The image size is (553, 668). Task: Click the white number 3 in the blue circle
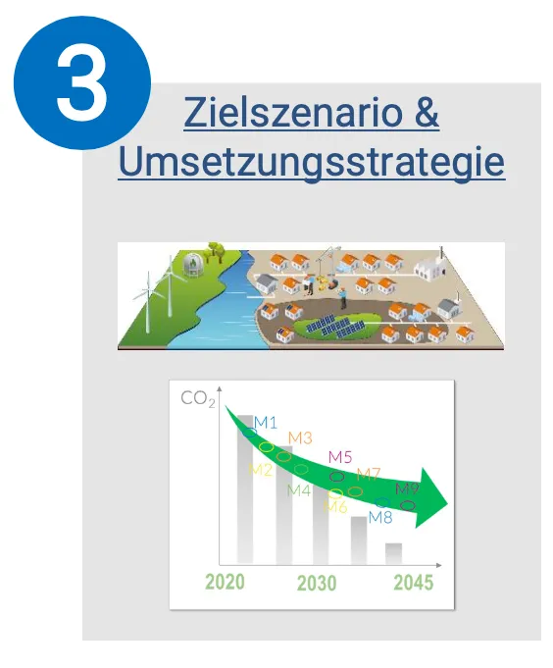click(82, 82)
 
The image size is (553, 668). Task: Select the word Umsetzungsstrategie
click(312, 162)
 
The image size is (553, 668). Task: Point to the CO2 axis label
click(198, 399)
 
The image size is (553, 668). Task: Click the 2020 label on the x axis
click(225, 582)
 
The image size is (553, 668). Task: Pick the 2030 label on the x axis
click(317, 583)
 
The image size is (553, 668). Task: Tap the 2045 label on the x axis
click(414, 583)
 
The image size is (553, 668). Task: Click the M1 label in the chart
click(266, 423)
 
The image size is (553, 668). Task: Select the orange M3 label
click(300, 437)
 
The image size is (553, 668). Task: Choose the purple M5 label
click(340, 457)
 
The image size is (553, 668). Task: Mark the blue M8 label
click(380, 517)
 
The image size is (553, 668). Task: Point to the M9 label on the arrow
click(408, 488)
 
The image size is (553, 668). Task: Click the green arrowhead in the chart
click(431, 497)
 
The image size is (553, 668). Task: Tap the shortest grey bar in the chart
click(393, 554)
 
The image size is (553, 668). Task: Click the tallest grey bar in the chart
click(245, 489)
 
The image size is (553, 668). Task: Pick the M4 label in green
click(298, 490)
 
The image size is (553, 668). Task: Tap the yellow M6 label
click(335, 507)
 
